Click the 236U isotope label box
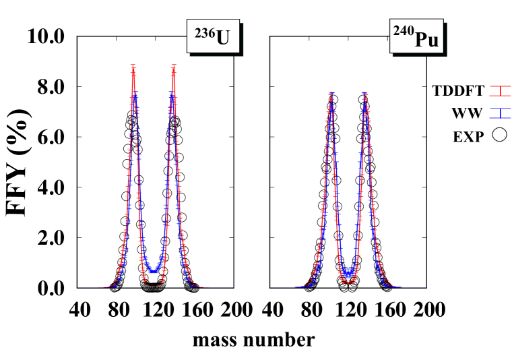coord(213,36)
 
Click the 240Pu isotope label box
coord(416,36)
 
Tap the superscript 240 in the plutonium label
coord(403,32)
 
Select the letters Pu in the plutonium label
coord(427,39)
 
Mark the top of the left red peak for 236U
coord(133,67)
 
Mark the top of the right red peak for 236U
coord(174,67)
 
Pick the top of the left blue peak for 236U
coord(135,96)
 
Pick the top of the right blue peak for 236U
coord(172,96)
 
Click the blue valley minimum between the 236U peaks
coord(154,270)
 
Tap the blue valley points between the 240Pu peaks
coord(348,272)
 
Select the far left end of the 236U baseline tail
coord(78,288)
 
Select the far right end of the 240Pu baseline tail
coord(424,288)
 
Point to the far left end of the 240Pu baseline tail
coord(271,288)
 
